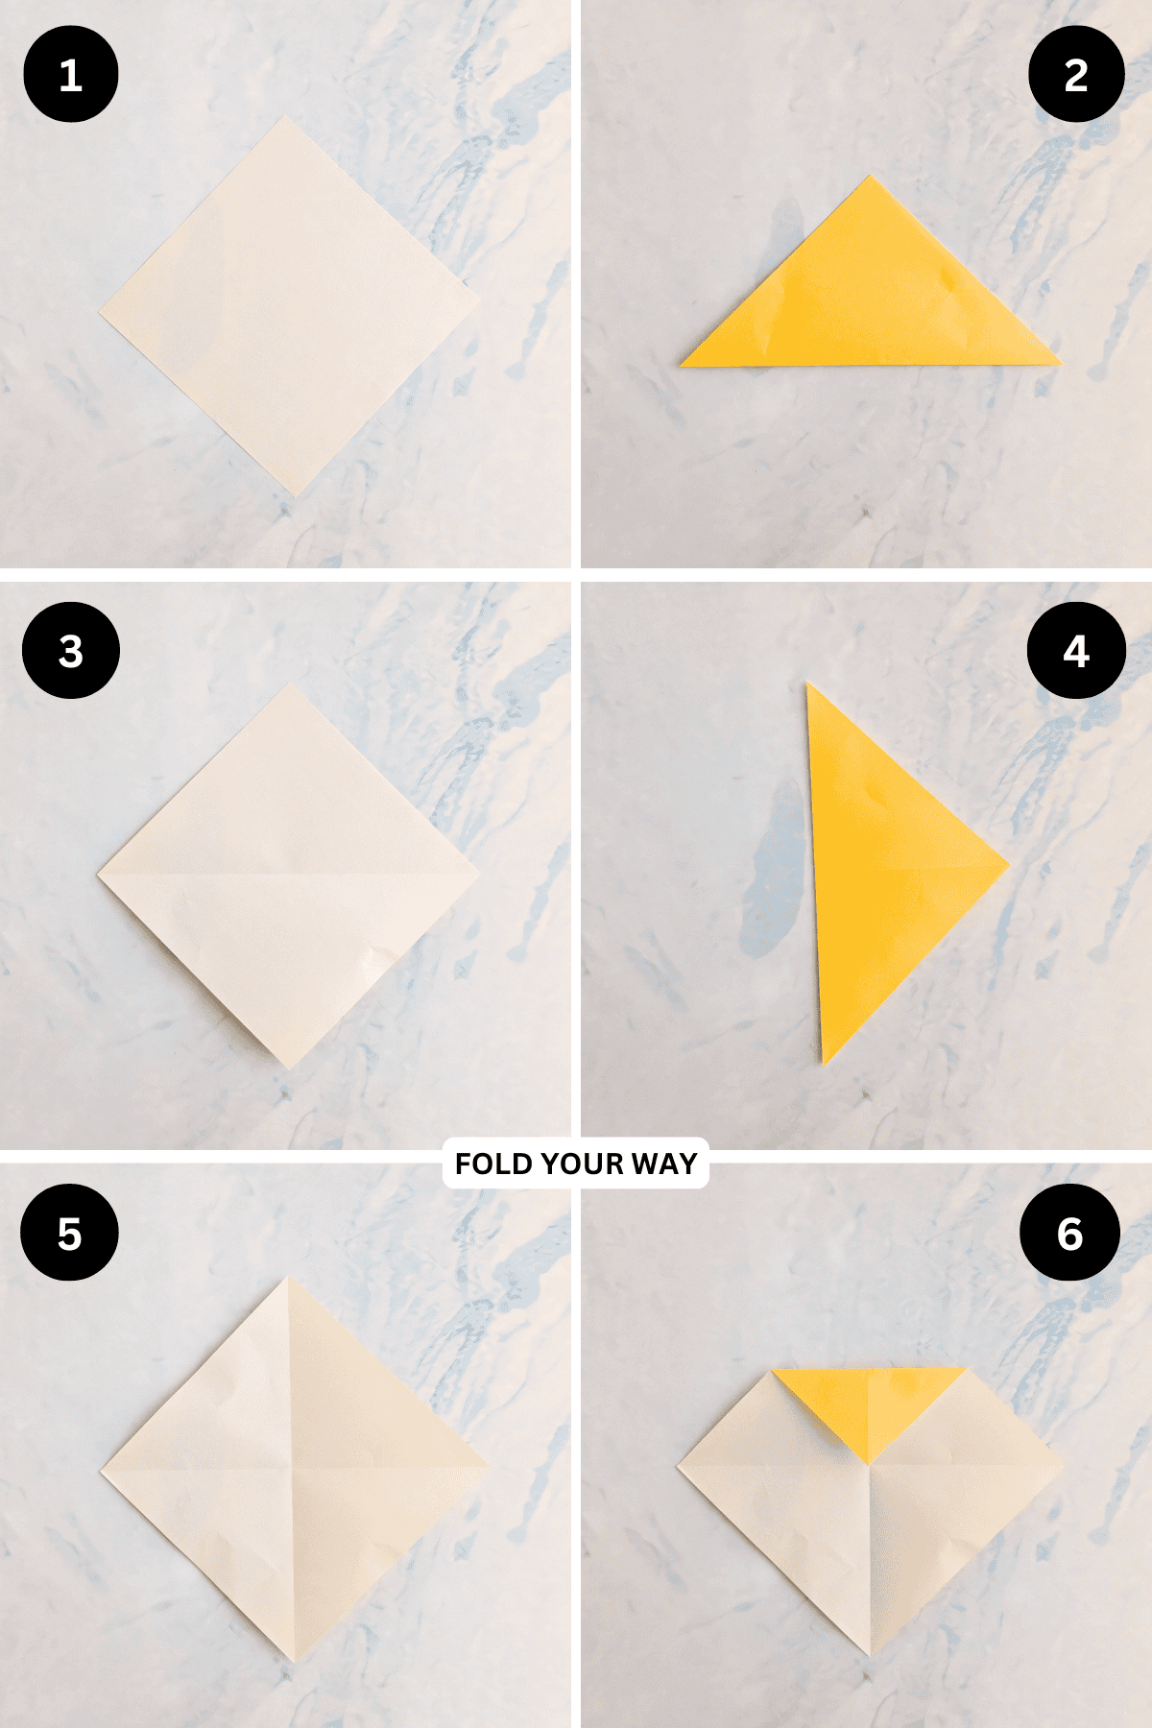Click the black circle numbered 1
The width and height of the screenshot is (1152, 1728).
(70, 75)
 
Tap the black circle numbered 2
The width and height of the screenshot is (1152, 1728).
(1076, 75)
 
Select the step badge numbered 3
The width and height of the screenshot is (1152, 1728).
(70, 651)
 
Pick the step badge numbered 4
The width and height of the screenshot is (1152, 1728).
(1076, 651)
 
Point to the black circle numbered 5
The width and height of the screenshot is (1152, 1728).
(70, 1233)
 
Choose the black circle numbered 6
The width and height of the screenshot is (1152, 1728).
(1069, 1233)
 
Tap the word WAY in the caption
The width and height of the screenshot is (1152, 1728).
(664, 1164)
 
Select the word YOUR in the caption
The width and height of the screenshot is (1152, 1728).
(582, 1164)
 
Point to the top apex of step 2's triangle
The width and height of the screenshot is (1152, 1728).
(871, 176)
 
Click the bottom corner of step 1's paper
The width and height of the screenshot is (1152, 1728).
(297, 496)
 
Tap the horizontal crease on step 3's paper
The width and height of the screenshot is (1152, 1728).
(288, 875)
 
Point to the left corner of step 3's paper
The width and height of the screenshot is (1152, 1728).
(98, 874)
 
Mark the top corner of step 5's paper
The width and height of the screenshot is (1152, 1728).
(287, 1277)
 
